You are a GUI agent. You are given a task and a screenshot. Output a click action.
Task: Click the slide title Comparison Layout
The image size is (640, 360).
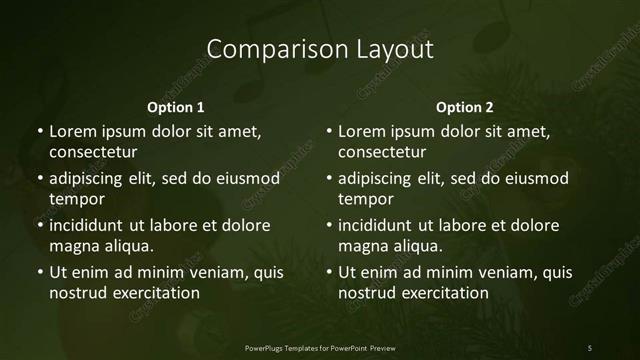[x=319, y=49]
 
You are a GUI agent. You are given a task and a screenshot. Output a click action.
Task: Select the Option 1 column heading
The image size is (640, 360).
[x=175, y=107]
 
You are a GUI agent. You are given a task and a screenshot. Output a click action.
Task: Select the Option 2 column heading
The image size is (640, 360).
[x=465, y=107]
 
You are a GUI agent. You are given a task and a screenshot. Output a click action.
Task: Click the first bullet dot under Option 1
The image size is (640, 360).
[x=39, y=132]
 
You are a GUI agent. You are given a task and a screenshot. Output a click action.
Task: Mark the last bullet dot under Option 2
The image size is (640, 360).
[x=329, y=272]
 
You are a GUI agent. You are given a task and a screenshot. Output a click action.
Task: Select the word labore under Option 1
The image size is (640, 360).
[x=174, y=225]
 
